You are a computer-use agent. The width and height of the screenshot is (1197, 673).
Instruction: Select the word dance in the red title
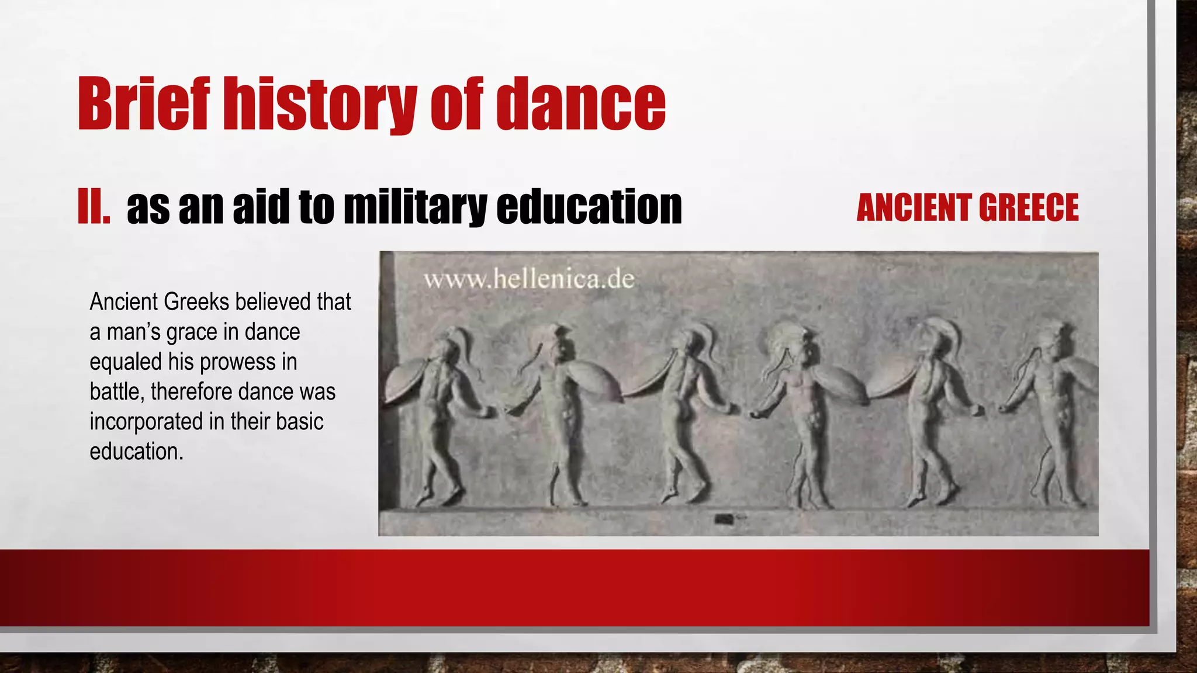581,103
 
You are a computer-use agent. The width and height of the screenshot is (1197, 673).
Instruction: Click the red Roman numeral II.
94,207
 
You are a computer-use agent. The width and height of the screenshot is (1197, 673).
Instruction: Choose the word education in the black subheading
589,207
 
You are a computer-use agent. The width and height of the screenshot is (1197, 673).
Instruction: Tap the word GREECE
1028,207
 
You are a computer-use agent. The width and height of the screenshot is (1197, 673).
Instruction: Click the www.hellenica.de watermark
529,279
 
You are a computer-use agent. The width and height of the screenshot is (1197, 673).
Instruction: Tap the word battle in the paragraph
116,391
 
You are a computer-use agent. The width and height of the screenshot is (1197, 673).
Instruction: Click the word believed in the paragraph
272,302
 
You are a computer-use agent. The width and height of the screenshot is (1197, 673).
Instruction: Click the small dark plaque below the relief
725,518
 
